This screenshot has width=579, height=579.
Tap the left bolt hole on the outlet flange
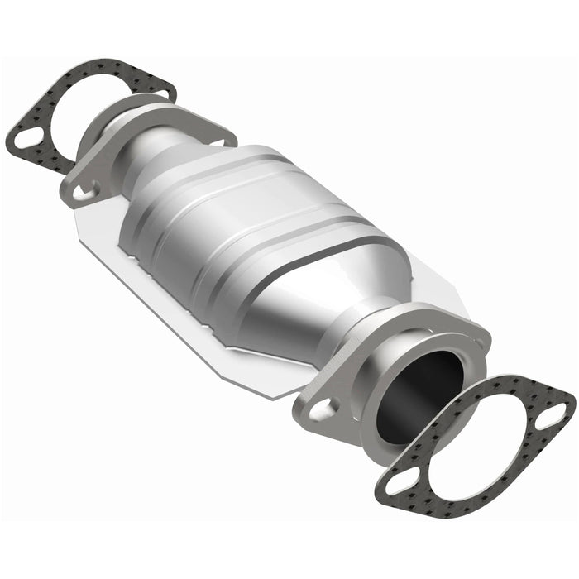323,407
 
